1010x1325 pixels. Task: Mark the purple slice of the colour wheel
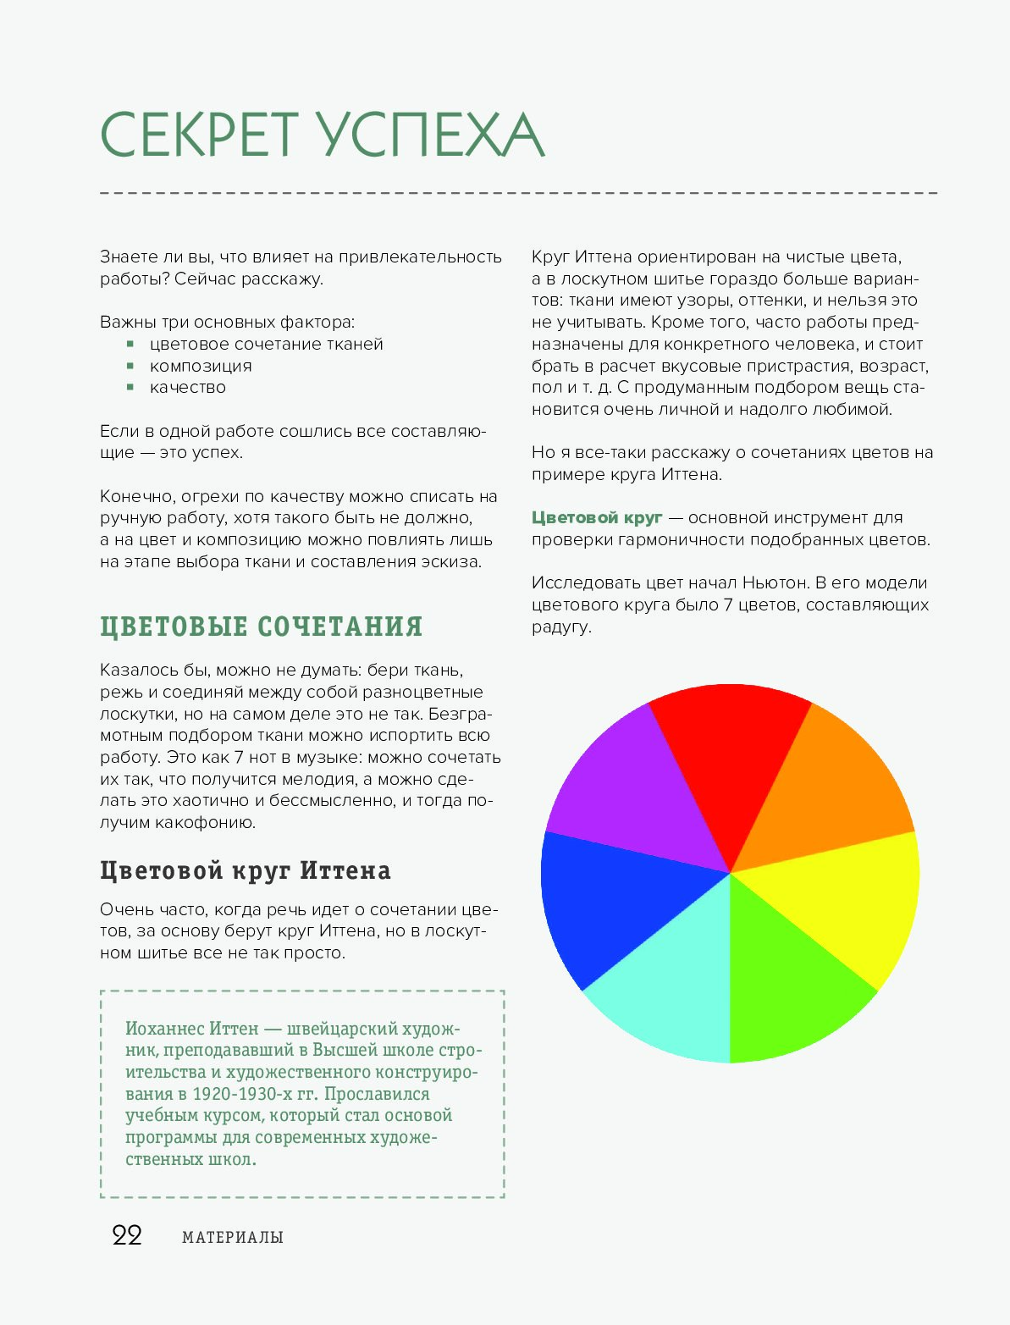pos(626,796)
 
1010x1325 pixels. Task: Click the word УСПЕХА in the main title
pos(432,135)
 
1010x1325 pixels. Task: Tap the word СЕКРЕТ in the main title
pos(200,135)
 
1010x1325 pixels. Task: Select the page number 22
pos(127,1235)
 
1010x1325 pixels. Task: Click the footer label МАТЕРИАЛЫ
pos(233,1237)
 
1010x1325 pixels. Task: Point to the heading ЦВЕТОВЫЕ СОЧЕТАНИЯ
pos(261,627)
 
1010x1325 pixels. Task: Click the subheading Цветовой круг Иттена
pos(246,870)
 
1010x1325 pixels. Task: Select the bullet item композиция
pos(201,366)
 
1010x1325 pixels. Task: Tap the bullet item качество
pos(188,387)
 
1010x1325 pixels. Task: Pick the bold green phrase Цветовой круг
pos(597,517)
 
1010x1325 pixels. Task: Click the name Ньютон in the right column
pos(775,582)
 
